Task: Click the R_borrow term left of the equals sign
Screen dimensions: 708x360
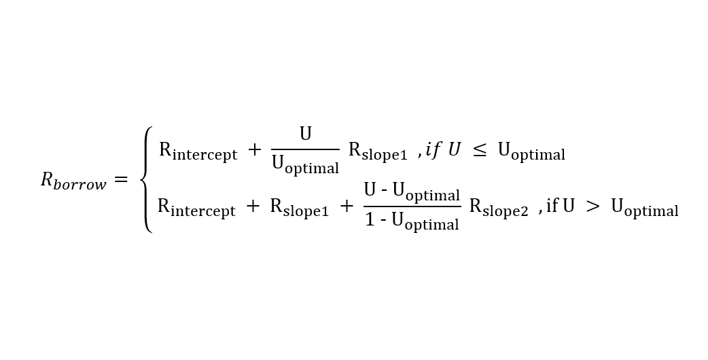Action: click(73, 181)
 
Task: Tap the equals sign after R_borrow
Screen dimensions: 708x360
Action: click(120, 181)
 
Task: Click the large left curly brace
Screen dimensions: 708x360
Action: click(146, 180)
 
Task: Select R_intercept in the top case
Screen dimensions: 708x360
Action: click(198, 151)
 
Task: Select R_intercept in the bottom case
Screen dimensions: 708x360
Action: click(196, 207)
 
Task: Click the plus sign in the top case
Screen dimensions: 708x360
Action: click(254, 151)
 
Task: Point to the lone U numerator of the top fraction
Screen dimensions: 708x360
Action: click(306, 134)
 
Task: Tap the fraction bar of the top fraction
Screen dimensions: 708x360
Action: click(305, 149)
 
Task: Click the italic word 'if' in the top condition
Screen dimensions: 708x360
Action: click(433, 150)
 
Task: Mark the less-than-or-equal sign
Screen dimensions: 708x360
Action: click(479, 151)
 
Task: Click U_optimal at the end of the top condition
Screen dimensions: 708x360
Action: click(531, 151)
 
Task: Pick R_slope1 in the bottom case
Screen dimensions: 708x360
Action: click(299, 207)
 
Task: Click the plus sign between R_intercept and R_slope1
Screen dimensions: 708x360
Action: click(253, 206)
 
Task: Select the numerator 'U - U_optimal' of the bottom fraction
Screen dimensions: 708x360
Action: click(412, 192)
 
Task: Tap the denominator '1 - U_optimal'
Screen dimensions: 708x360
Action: click(412, 221)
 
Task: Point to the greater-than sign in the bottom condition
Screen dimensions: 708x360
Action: click(592, 206)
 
